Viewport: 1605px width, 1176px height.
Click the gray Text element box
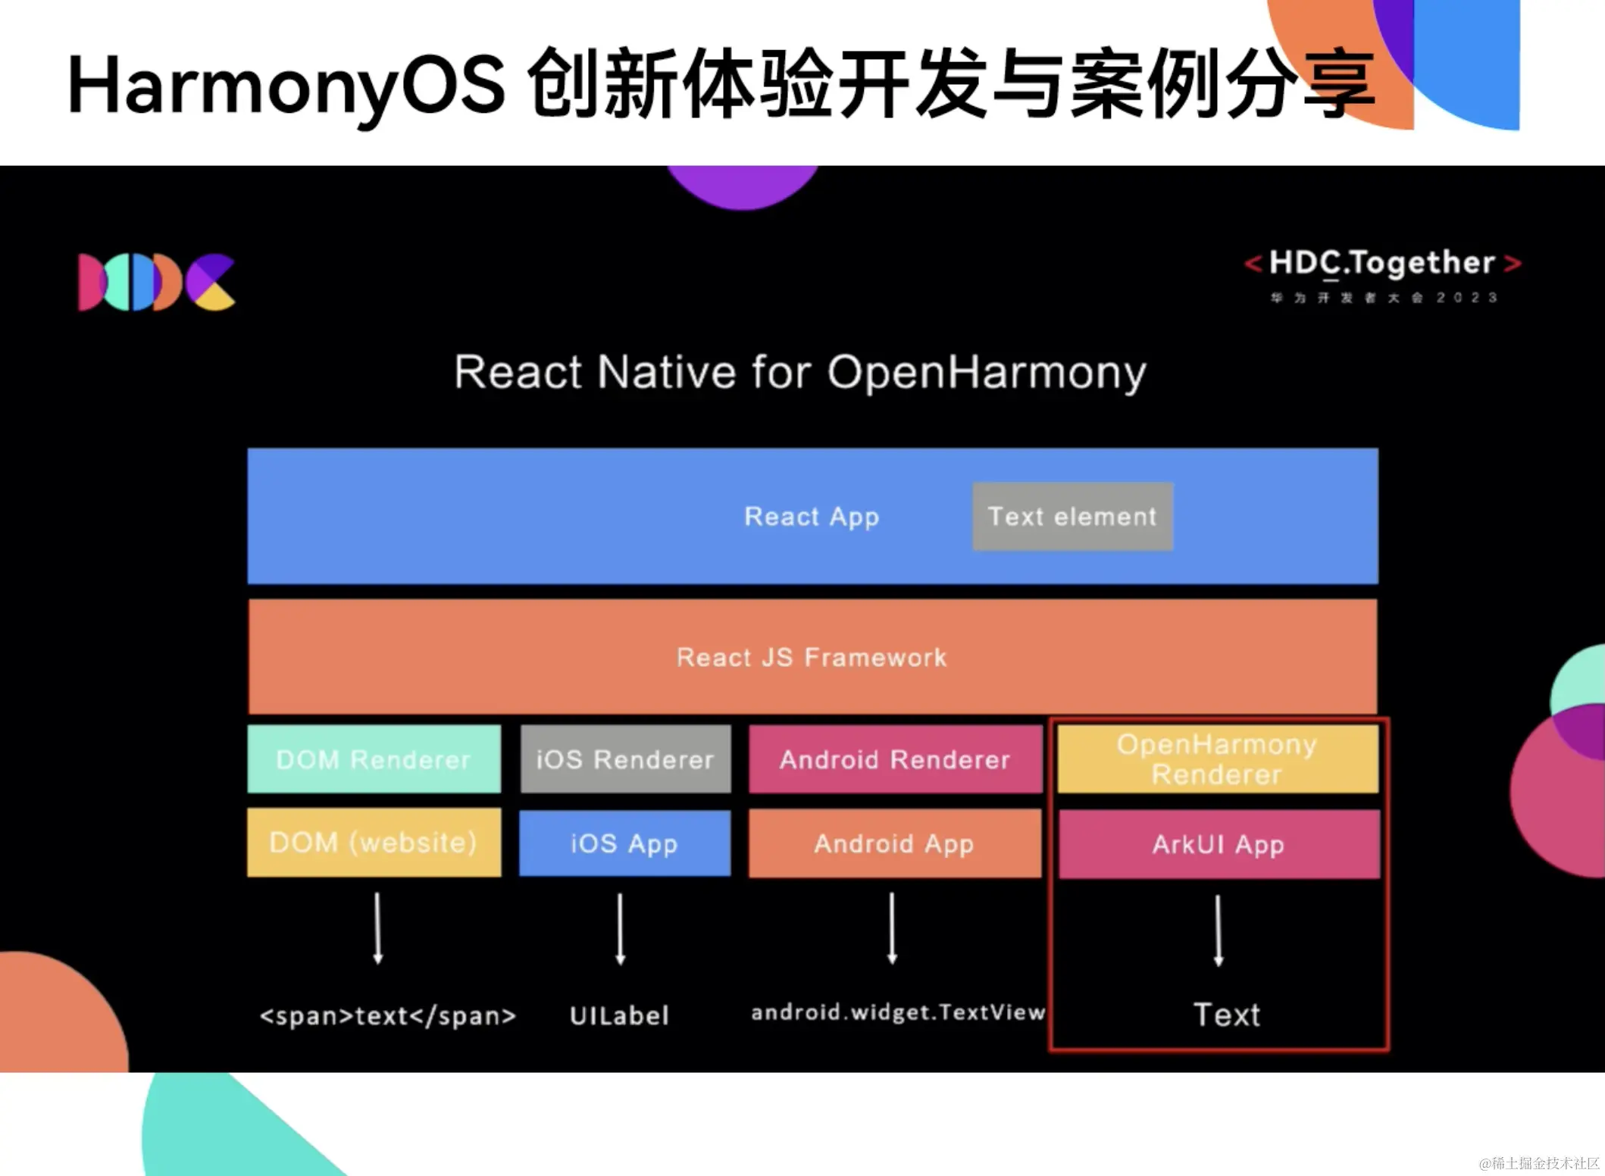1072,516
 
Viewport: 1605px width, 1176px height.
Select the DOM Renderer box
374,758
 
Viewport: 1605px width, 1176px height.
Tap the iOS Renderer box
625,758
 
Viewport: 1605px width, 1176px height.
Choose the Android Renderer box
895,758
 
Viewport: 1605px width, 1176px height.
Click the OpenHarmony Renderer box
1217,758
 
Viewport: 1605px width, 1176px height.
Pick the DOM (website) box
374,842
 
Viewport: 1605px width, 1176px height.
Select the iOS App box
624,843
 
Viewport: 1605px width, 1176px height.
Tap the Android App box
894,843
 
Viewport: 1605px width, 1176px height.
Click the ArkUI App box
1219,843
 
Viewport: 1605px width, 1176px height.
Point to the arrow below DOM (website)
378,928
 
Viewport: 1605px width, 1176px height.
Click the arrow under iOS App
620,928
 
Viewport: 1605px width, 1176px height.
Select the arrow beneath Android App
892,928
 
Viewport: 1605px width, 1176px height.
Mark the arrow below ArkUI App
1219,930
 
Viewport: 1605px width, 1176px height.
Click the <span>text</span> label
387,1015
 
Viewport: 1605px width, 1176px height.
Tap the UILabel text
619,1015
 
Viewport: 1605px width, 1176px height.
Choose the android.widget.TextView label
898,1012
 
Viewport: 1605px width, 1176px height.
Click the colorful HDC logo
156,282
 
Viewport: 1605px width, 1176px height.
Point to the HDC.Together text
1382,263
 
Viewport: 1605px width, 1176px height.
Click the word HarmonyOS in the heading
286,85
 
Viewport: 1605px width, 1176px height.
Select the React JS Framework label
812,657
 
